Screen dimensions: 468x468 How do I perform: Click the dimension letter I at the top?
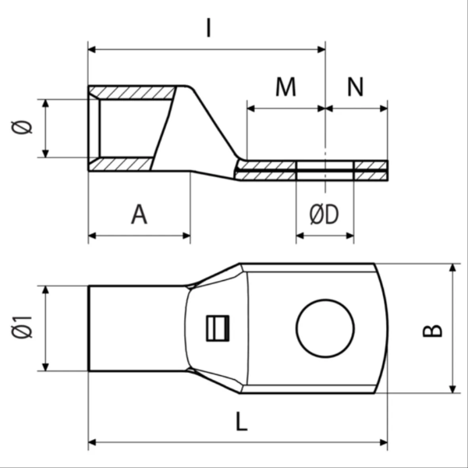[x=208, y=28]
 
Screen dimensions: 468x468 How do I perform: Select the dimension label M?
[x=285, y=87]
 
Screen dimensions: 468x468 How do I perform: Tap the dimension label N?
[x=356, y=87]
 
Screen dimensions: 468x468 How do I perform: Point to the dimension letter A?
[x=139, y=214]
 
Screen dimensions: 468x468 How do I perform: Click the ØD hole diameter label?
[x=324, y=214]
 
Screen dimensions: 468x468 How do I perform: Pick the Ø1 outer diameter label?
[x=22, y=328]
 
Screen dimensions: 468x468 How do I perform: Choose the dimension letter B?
[x=432, y=331]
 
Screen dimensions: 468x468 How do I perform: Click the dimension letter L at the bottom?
[x=242, y=421]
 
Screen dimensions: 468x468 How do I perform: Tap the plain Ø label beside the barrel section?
[x=22, y=127]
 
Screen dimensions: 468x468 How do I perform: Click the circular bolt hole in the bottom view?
[x=325, y=299]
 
